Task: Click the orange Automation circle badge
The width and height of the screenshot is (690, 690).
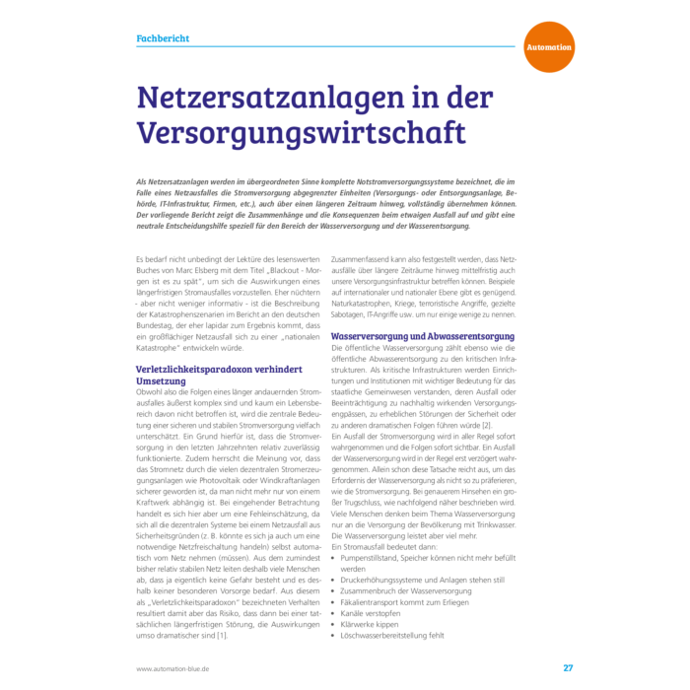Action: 548,46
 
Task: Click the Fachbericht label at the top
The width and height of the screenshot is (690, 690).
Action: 163,38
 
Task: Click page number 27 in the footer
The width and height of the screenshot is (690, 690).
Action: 568,667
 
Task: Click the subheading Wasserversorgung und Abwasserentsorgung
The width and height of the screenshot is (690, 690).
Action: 422,337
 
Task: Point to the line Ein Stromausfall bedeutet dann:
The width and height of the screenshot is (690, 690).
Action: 385,545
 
